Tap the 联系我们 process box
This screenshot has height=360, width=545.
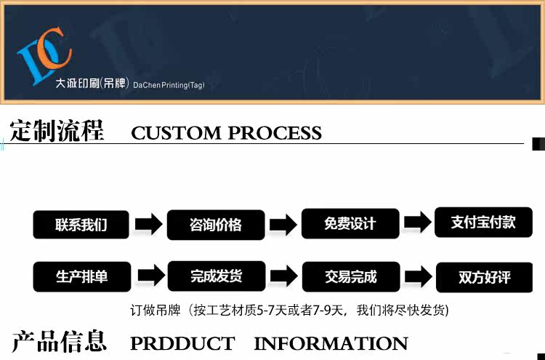click(81, 225)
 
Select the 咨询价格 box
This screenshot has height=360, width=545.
click(216, 225)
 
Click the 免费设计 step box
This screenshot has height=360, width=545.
click(350, 223)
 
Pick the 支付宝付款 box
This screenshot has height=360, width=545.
click(483, 222)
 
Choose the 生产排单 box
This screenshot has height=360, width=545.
click(81, 276)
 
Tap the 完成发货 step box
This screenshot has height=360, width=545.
click(216, 276)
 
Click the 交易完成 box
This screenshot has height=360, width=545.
click(350, 276)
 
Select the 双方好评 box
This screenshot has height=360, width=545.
click(484, 277)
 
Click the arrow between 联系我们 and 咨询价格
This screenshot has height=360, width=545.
click(148, 225)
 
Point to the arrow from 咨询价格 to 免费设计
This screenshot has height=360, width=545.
click(283, 225)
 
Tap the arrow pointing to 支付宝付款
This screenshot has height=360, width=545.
click(417, 223)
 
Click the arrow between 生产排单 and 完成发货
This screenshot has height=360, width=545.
click(148, 276)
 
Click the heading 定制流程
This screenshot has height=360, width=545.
click(57, 132)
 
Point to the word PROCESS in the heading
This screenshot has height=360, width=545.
click(275, 133)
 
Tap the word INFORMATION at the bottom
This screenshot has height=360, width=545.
click(331, 343)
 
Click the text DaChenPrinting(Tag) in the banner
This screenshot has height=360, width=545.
click(169, 85)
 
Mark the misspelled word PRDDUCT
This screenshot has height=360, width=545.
click(182, 343)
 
